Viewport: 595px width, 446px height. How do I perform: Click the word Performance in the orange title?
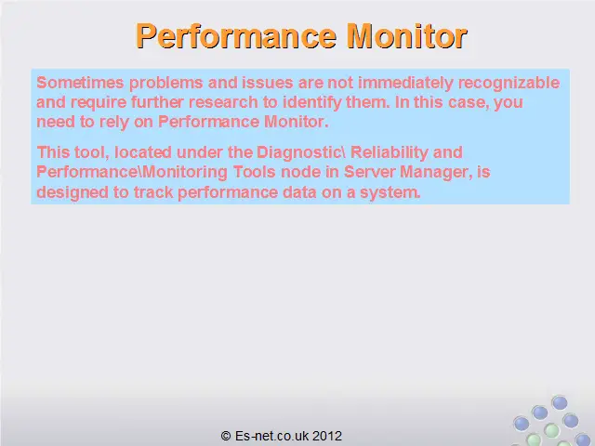coord(236,37)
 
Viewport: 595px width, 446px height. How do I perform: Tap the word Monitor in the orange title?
coord(407,36)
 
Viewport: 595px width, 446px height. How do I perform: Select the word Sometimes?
coord(80,83)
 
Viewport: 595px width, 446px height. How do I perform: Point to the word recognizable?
coord(509,83)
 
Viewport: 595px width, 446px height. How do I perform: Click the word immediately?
coord(405,83)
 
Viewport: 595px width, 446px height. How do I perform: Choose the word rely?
coord(113,123)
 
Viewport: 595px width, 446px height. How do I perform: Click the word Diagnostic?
coord(298,152)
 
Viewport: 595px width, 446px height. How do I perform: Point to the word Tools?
coord(254,172)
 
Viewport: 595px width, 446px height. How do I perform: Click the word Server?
coord(369,172)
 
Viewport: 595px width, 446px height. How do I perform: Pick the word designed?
coord(73,192)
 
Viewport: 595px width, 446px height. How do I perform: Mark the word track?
coord(152,192)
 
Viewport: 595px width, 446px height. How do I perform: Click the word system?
coord(390,193)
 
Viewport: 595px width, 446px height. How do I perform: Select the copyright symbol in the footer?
coord(226,436)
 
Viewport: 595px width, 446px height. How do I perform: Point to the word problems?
coord(165,83)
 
